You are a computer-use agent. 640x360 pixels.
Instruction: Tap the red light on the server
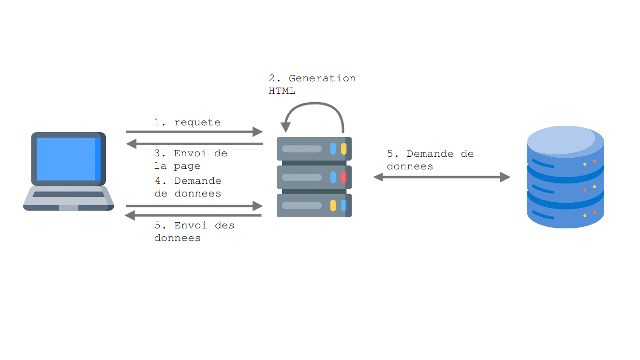[344, 177]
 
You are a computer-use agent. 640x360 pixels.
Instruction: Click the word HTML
[282, 90]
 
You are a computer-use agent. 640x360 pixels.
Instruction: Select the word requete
[197, 122]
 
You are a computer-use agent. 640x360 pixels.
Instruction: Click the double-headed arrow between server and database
[442, 177]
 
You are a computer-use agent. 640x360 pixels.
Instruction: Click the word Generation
[322, 78]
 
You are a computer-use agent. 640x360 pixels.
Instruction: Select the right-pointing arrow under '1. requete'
[193, 132]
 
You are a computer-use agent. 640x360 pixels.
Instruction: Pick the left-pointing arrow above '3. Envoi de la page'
[193, 144]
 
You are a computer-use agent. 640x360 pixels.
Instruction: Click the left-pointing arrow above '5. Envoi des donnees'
[193, 215]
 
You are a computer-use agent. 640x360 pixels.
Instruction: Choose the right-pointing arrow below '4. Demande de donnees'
[193, 206]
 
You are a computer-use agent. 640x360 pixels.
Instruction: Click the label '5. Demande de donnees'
[430, 160]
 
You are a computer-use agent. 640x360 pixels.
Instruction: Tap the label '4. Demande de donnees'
[188, 187]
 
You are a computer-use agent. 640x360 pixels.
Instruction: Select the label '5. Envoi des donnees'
[194, 232]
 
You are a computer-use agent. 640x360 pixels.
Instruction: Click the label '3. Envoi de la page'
[190, 160]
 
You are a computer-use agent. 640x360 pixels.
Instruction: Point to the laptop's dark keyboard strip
[68, 194]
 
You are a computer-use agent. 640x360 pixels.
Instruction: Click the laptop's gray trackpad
[68, 208]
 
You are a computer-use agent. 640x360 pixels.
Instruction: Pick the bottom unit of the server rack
[314, 206]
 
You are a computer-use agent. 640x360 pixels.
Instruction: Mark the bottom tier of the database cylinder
[565, 215]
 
